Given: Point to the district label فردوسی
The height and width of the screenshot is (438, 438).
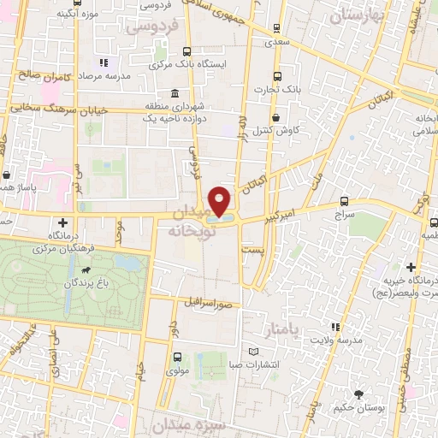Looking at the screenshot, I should pos(151,27).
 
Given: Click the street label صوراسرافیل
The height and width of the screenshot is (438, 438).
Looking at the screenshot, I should pos(211,303).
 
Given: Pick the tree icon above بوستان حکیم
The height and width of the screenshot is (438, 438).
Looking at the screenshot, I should pos(358,396).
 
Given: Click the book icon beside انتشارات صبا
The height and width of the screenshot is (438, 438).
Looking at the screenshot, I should pos(252,352).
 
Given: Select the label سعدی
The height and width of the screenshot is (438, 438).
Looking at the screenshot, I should pos(275,40).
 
